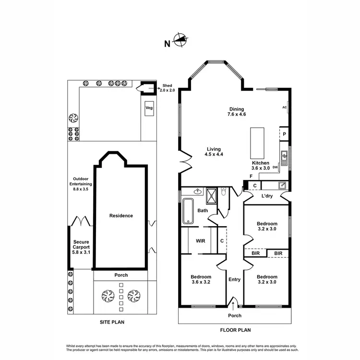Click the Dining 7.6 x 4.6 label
(x=237, y=112)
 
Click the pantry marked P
(x=284, y=134)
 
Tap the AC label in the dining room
(x=284, y=108)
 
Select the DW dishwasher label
(x=275, y=168)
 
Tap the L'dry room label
(x=267, y=196)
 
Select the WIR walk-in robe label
(x=200, y=240)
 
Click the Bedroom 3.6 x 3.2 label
(x=201, y=279)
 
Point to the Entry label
(x=234, y=280)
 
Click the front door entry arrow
(x=234, y=303)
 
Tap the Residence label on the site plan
(x=121, y=216)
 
